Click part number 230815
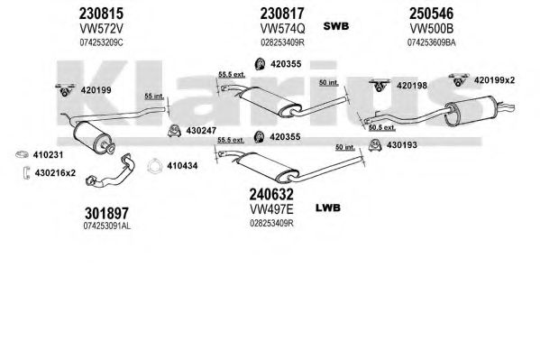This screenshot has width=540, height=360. point(101,14)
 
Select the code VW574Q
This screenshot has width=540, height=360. point(282,29)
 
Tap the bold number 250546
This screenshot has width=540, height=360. point(431,14)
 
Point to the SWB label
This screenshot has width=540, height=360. point(335,26)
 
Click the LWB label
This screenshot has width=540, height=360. point(328,208)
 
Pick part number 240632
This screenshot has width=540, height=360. point(271,195)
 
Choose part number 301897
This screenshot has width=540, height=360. point(106,214)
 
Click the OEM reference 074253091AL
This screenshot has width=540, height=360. point(106,226)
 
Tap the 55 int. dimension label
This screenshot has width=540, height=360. point(154,97)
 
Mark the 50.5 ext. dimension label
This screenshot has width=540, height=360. point(382,127)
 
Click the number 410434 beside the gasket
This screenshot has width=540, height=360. point(182,166)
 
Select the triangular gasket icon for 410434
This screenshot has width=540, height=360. point(154,166)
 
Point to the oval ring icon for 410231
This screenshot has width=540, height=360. point(22,155)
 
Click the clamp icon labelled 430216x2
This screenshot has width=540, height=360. point(26,173)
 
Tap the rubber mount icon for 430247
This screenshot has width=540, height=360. point(175,131)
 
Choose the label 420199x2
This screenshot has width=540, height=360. point(494,80)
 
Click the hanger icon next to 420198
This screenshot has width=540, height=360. point(380,86)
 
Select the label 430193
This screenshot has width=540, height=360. point(401,145)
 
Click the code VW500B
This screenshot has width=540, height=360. point(431,29)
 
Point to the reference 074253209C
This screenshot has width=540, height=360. point(101,42)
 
